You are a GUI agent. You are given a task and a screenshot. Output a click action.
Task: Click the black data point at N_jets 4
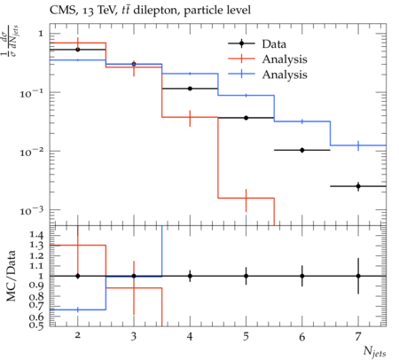[190, 89]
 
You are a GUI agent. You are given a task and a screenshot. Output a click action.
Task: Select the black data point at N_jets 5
[246, 118]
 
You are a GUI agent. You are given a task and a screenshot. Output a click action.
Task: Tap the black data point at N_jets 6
[302, 150]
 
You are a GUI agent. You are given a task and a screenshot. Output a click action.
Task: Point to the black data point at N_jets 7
[358, 186]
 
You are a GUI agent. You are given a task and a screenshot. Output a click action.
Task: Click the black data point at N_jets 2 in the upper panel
[78, 50]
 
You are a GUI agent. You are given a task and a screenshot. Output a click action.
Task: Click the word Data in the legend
[274, 44]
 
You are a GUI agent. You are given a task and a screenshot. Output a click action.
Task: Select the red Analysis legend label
[285, 59]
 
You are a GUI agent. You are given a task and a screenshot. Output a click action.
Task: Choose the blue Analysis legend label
[285, 74]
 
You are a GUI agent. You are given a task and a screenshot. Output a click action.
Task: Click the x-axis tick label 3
[134, 336]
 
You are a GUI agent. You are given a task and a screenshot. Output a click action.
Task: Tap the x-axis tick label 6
[302, 336]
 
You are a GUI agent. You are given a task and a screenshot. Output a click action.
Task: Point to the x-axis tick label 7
[358, 336]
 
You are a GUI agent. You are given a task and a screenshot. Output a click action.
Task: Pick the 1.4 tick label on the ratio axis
[36, 235]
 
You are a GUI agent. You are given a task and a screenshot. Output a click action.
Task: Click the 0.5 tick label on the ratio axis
[36, 325]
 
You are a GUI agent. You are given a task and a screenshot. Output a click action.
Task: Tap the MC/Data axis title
[11, 276]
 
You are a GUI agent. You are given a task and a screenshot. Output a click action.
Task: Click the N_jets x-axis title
[374, 351]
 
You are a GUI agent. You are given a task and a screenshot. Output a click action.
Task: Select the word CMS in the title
[60, 11]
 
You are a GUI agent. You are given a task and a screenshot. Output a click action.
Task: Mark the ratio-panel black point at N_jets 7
[358, 276]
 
